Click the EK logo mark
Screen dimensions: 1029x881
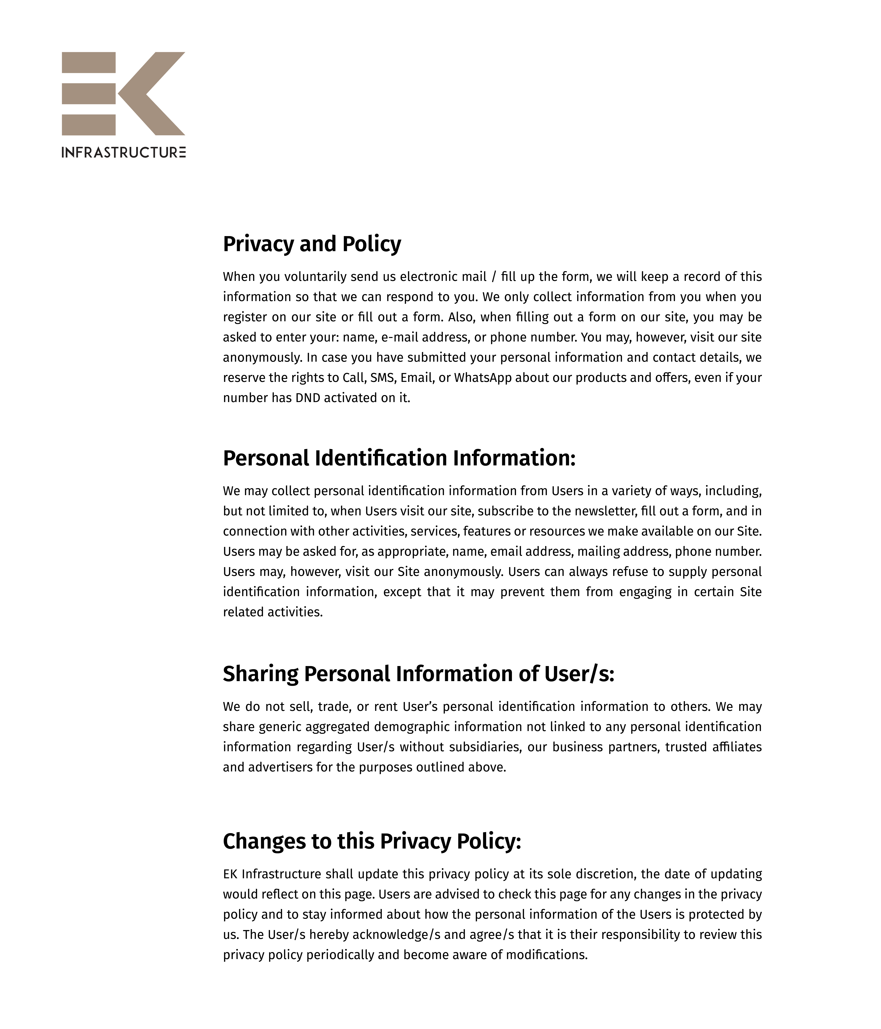(123, 93)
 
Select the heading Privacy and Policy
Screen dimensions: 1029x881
(312, 244)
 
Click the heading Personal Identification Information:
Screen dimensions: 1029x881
(399, 458)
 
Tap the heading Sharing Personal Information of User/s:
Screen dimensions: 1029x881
(418, 674)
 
